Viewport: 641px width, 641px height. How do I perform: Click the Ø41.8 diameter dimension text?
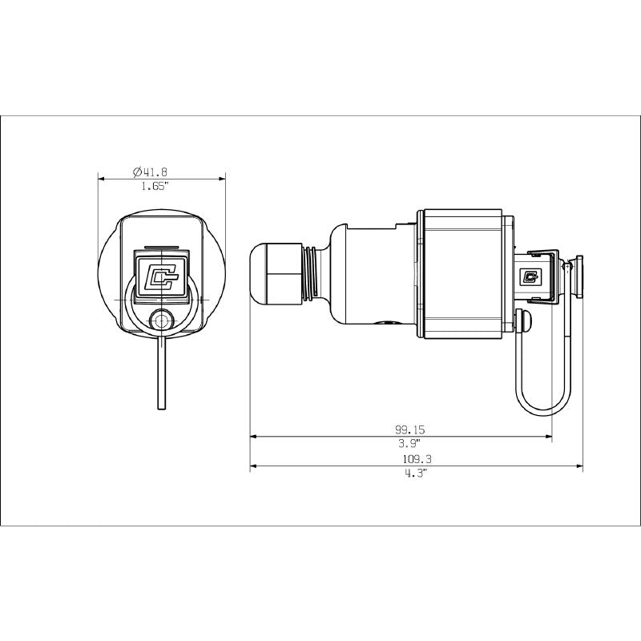(x=149, y=171)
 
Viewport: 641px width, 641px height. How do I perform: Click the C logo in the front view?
(x=162, y=278)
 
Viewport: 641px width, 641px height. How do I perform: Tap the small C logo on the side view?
(x=530, y=277)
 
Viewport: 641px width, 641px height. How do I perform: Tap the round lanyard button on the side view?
(x=526, y=323)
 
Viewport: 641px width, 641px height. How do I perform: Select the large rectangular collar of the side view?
(x=462, y=274)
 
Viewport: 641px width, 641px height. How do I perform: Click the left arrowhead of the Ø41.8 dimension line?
(x=101, y=179)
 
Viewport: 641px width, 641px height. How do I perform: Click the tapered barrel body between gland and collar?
(x=369, y=276)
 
